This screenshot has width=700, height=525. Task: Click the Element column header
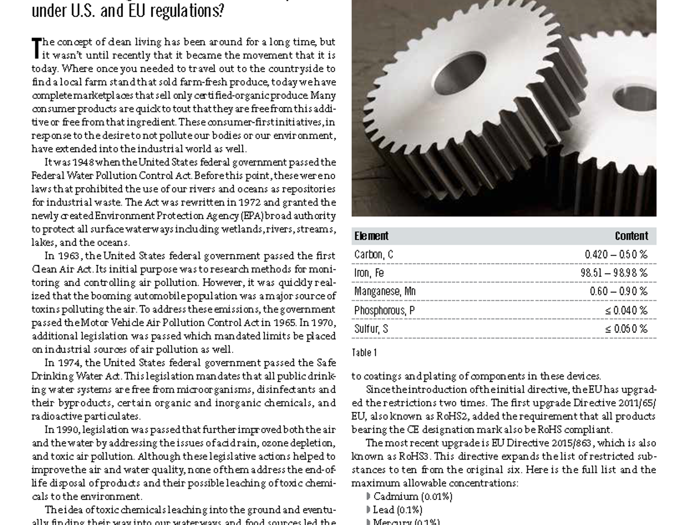point(371,236)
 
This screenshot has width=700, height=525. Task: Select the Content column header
point(631,236)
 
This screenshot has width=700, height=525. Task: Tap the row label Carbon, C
point(374,255)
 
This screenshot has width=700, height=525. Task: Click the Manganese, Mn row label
point(385,291)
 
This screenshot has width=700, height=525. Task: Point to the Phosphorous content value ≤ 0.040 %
point(626,311)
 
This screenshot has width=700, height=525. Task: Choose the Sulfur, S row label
point(371,329)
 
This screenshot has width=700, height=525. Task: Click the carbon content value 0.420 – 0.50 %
point(616,255)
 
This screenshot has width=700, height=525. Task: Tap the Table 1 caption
point(364,353)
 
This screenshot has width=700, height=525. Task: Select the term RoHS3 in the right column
point(415,456)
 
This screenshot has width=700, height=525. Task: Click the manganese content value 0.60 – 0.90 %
point(618,291)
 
